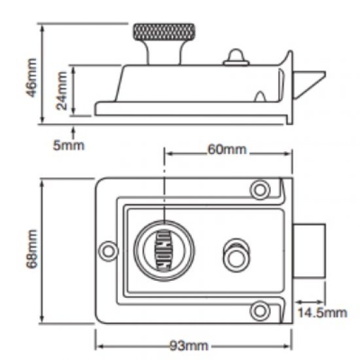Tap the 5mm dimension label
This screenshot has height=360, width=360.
coord(68,145)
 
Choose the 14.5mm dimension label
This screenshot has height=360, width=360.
coord(321,312)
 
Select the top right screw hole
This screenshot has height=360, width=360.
coord(261,190)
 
